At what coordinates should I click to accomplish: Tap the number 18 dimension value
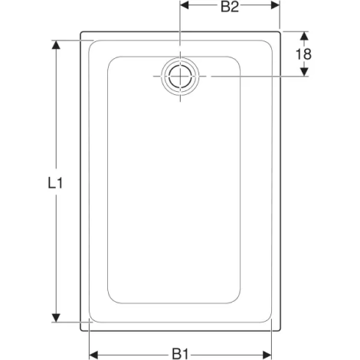[x=303, y=54]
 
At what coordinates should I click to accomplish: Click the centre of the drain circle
[x=180, y=77]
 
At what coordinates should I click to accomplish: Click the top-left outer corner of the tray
[x=81, y=33]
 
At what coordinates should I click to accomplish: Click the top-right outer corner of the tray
[x=280, y=33]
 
